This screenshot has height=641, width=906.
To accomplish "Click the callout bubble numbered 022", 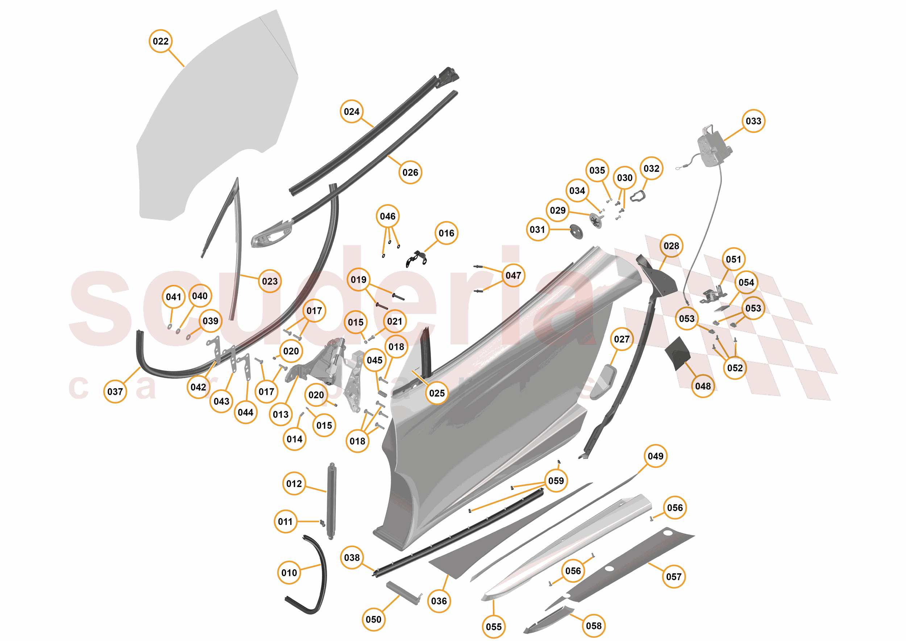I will point(161,41).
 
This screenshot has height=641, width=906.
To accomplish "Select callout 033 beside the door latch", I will point(753,121).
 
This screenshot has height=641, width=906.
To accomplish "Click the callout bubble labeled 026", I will point(410,172).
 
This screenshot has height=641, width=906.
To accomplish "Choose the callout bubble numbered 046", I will point(387,216).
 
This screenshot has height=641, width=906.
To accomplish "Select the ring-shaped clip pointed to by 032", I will point(637,196).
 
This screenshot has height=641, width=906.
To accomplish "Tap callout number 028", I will point(671,246).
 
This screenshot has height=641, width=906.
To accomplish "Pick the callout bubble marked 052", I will point(735,368).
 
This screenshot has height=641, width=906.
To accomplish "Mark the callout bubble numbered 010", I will point(289,572).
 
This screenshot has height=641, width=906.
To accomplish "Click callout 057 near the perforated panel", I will point(674,577).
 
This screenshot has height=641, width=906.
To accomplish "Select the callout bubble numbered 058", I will point(594,626).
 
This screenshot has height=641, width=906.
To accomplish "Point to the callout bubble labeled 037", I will point(115,392).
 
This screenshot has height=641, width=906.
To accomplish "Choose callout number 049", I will point(656,456).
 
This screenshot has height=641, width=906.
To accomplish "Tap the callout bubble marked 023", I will point(270,281).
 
